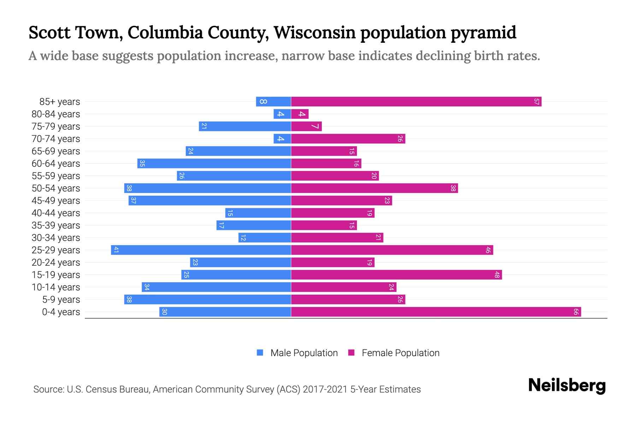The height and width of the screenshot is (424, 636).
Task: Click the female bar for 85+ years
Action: point(416,102)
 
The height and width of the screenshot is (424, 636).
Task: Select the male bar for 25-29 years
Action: point(201,250)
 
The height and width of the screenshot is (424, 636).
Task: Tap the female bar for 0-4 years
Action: point(436,312)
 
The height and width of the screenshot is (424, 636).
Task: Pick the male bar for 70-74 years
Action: point(282,139)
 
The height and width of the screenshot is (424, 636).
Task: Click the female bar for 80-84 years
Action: point(300,114)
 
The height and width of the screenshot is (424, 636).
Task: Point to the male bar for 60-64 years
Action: point(214,164)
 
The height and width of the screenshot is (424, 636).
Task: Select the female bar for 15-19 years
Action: point(396,275)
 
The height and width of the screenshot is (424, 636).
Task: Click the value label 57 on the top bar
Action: point(536,102)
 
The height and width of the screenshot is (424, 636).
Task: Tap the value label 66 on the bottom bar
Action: point(576,312)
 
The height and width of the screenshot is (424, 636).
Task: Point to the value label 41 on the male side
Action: point(116,250)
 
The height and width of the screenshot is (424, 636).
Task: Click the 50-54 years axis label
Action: point(56,188)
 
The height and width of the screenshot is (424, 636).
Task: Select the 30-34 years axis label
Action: point(56,238)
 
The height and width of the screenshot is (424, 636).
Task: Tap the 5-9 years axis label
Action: point(61,300)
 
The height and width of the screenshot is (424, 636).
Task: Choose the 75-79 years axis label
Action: point(56,126)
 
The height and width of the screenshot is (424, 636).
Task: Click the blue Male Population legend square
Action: point(260,353)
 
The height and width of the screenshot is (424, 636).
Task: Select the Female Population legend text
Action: point(400,353)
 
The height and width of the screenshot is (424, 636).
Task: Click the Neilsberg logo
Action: point(567,385)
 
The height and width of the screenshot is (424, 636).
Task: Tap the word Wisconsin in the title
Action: point(314,33)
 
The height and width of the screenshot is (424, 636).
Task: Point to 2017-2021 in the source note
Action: point(325,389)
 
